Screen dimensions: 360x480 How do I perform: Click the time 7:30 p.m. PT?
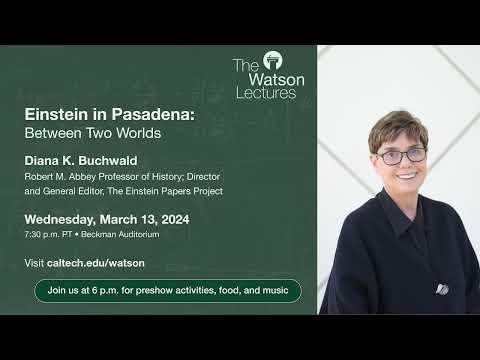coord(51,235)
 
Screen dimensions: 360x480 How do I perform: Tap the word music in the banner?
coord(274,290)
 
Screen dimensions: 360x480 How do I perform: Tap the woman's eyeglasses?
coord(402,156)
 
